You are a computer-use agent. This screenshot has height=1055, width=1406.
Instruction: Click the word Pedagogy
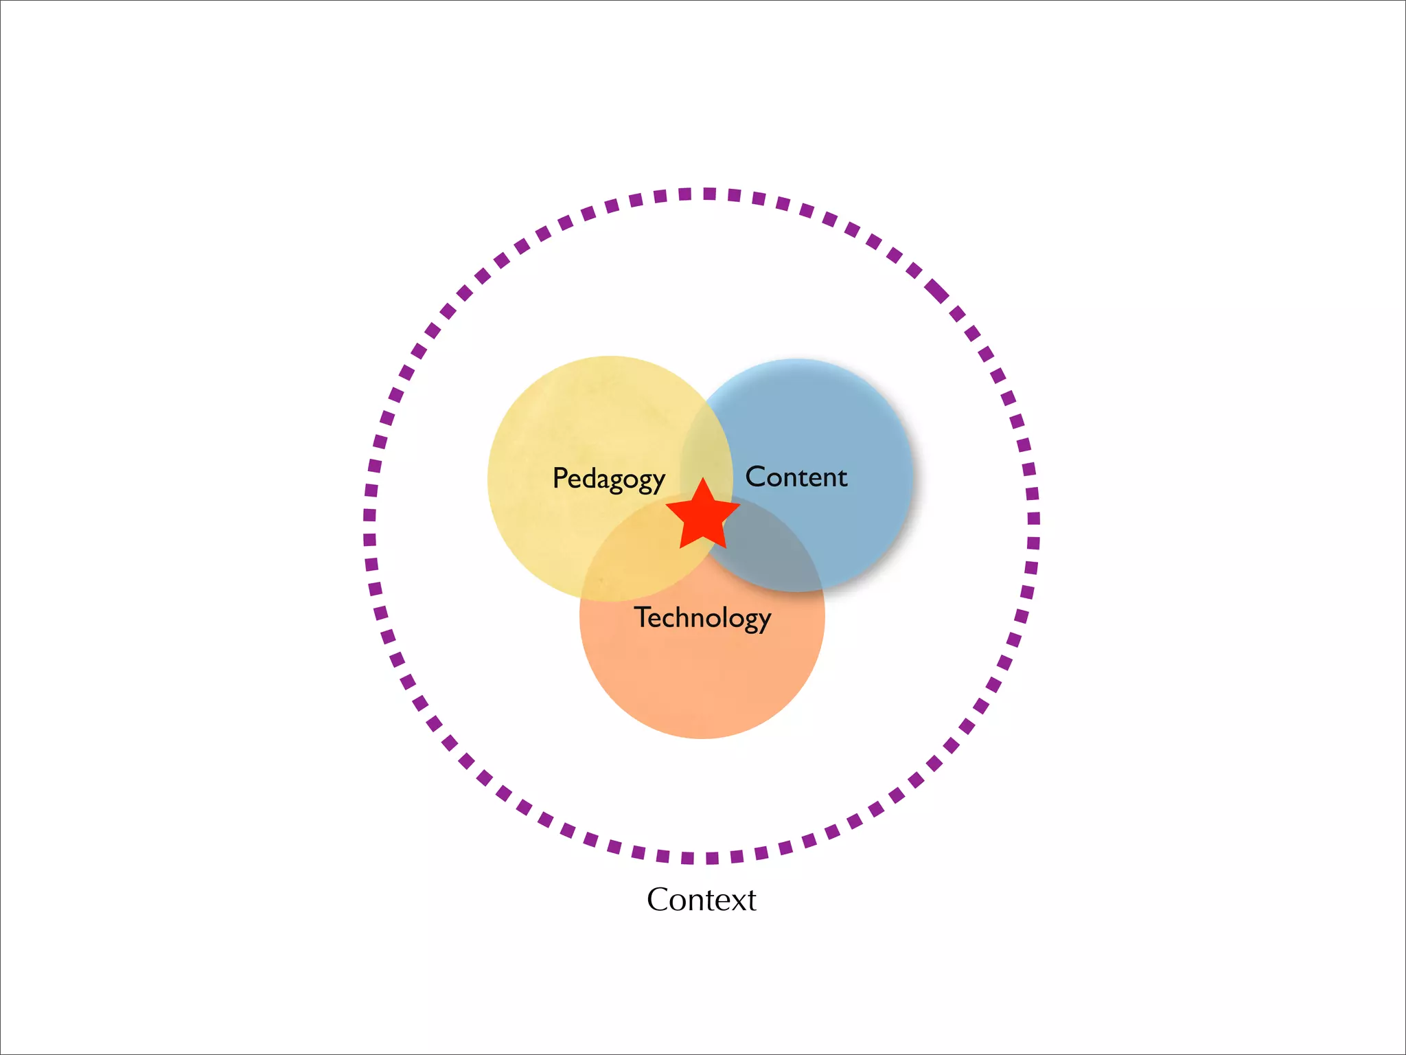pos(608,479)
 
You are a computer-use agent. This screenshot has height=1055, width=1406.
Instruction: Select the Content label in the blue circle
pos(796,477)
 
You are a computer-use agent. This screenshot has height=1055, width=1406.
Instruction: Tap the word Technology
pos(702,617)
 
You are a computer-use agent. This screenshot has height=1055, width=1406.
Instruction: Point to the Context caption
pos(701,900)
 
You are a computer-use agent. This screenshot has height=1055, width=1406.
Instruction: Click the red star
pos(703,517)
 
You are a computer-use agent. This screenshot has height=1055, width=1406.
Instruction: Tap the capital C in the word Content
pos(756,477)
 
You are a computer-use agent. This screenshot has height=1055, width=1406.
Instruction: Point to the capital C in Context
pos(660,900)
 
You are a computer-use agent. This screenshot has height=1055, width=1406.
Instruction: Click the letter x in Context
pos(735,901)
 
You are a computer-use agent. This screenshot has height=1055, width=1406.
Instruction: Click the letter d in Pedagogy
pos(586,477)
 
